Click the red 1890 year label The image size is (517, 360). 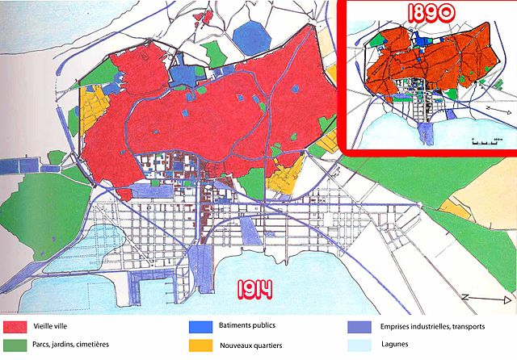428,14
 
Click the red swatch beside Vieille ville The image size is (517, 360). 14,328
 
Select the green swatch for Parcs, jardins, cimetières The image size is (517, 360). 14,345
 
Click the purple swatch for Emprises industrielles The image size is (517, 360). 359,328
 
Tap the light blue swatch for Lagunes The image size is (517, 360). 359,345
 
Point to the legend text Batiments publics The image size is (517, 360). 247,325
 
